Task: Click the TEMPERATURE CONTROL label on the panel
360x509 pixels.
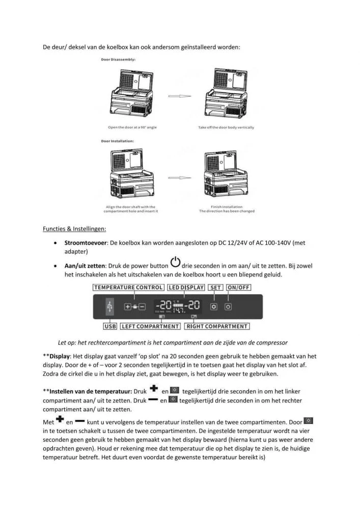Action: click(x=128, y=288)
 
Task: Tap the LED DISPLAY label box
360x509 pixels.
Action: click(x=186, y=288)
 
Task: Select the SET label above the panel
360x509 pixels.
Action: click(x=216, y=288)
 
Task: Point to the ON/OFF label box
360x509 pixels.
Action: click(x=239, y=288)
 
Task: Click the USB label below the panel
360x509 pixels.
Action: click(x=110, y=326)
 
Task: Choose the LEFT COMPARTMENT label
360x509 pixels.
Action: click(x=151, y=326)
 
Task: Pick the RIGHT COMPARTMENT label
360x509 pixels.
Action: click(x=217, y=326)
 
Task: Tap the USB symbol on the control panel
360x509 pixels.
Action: click(x=109, y=307)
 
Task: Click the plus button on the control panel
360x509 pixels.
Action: click(x=128, y=307)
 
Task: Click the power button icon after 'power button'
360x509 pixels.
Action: click(x=175, y=263)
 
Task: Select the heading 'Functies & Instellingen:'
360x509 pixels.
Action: click(x=74, y=229)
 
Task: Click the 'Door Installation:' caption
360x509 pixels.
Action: click(x=118, y=140)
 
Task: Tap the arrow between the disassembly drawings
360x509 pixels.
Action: click(x=180, y=96)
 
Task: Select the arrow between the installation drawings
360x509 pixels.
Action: click(x=180, y=178)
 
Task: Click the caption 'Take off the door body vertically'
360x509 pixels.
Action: click(x=226, y=127)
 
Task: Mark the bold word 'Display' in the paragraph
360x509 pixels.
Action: click(x=61, y=356)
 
